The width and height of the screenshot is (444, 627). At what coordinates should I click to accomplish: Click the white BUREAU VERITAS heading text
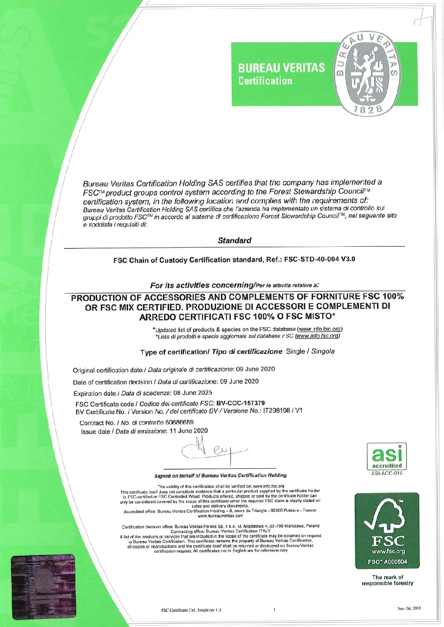click(x=281, y=68)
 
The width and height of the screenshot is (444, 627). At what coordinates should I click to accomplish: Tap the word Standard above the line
click(x=235, y=240)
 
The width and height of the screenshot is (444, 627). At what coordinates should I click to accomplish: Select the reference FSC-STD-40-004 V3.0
click(x=320, y=259)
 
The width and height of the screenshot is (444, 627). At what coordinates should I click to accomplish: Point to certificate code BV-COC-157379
click(x=240, y=403)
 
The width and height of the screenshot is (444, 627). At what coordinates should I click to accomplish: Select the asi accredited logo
click(x=387, y=457)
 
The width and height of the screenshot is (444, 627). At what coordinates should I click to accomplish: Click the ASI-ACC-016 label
click(x=387, y=473)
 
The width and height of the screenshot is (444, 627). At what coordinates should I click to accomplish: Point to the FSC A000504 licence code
click(x=387, y=562)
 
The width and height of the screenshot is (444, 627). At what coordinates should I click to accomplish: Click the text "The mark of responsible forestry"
click(x=387, y=580)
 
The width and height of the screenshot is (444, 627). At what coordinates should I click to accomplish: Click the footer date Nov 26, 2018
click(x=409, y=609)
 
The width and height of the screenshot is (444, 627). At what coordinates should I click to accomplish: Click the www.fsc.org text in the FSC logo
click(x=388, y=551)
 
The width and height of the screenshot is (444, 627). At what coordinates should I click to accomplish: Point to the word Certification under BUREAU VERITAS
click(x=265, y=81)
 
